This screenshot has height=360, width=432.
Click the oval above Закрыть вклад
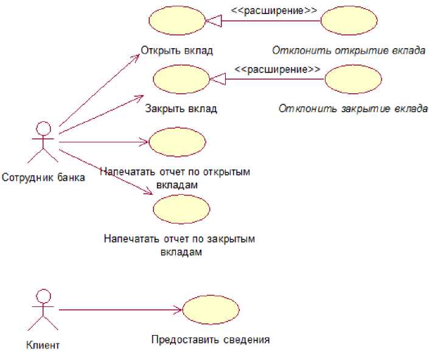click(x=181, y=80)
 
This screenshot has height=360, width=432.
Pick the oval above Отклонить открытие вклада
click(x=349, y=21)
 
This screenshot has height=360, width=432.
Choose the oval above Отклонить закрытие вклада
click(x=353, y=80)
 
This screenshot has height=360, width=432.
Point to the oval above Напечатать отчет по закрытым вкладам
click(x=181, y=210)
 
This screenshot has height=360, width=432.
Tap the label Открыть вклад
click(x=176, y=51)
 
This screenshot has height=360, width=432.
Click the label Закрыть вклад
click(x=181, y=110)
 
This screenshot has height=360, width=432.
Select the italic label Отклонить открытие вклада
click(x=348, y=51)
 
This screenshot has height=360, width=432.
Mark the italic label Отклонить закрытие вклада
click(x=353, y=110)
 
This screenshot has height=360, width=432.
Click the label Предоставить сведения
click(x=211, y=339)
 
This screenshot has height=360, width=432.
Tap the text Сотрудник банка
click(x=43, y=178)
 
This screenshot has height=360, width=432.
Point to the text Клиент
click(x=43, y=345)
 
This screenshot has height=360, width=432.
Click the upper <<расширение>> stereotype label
click(x=265, y=10)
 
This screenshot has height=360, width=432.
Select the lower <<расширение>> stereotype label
click(x=277, y=69)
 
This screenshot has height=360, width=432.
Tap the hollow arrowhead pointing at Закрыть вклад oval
click(x=217, y=79)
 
